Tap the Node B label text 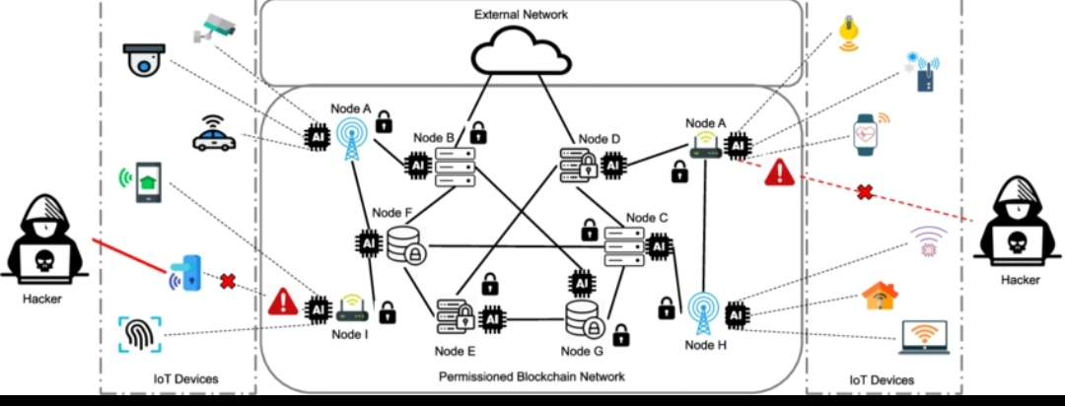[x=434, y=137]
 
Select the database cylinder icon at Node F [x=405, y=245]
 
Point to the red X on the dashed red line [x=865, y=192]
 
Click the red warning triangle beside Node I [x=283, y=301]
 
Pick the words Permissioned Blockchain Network [x=532, y=376]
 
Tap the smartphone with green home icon [x=148, y=182]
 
